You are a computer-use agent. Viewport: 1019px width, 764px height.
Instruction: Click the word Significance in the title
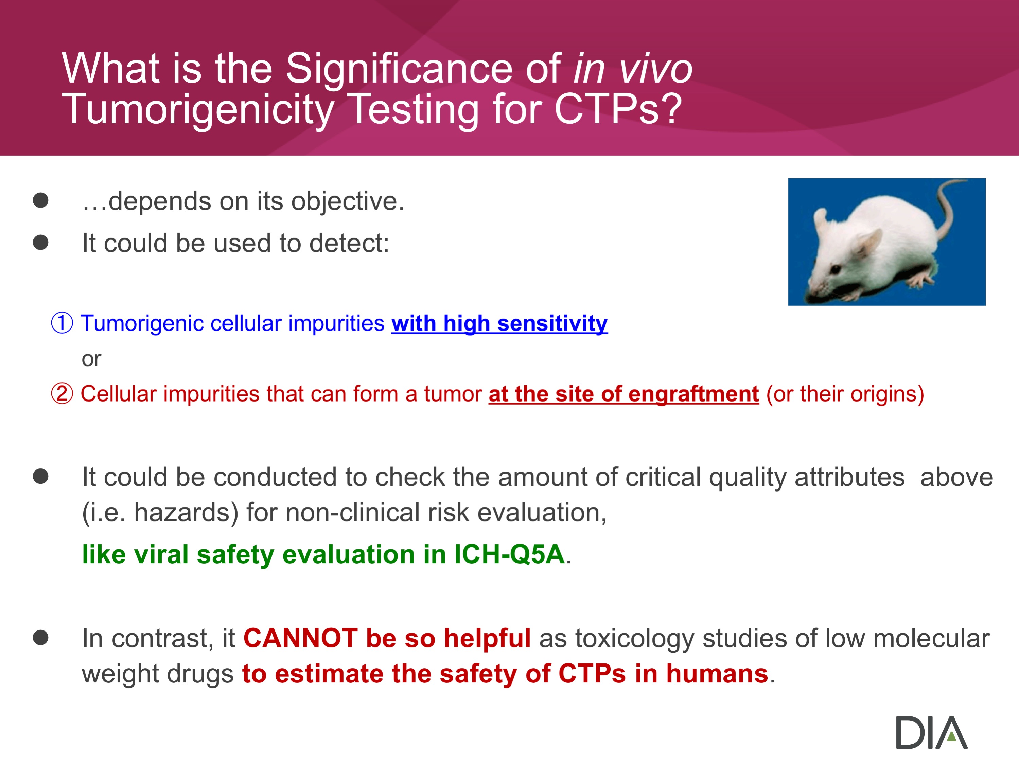[x=399, y=69]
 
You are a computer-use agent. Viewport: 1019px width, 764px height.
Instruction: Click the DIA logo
[x=931, y=732]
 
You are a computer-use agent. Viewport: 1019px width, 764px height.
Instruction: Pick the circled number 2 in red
[x=62, y=394]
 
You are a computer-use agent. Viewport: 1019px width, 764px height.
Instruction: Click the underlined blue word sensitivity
[x=552, y=323]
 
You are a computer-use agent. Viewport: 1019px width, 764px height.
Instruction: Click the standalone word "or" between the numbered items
[x=91, y=359]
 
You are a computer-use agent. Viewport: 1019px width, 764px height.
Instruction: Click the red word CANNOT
[x=300, y=638]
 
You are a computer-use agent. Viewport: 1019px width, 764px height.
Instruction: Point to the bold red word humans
[x=717, y=674]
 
